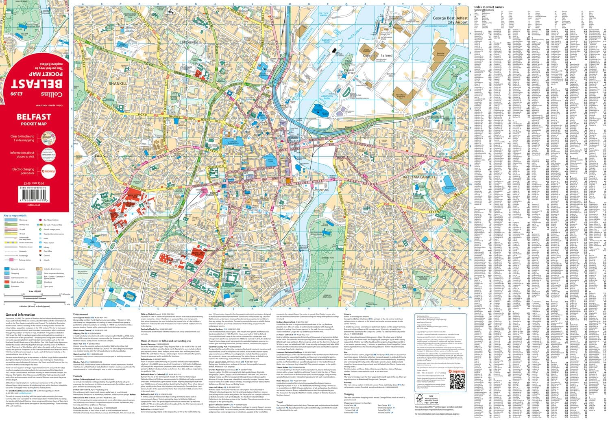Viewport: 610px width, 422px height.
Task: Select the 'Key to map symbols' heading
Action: coord(15,215)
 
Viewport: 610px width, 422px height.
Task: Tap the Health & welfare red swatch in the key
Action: coord(7,282)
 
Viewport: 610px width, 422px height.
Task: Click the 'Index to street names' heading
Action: coord(488,7)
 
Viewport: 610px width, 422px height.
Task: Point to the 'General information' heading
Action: coord(20,315)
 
